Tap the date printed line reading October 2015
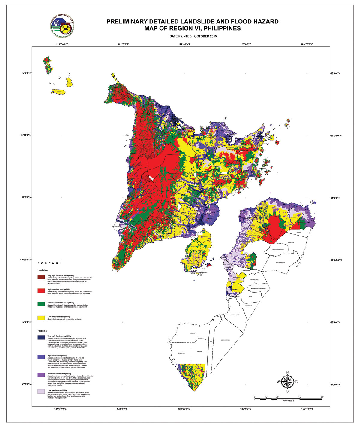coord(193,36)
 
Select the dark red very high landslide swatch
coord(41,277)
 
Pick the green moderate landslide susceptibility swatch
coord(41,304)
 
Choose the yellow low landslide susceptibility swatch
coord(41,318)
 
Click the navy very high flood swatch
coord(41,337)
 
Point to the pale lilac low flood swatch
coord(41,392)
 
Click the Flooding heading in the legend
coord(42,331)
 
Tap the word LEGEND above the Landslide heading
coord(49,263)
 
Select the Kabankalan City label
coord(225,340)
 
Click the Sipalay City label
coord(182,353)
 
